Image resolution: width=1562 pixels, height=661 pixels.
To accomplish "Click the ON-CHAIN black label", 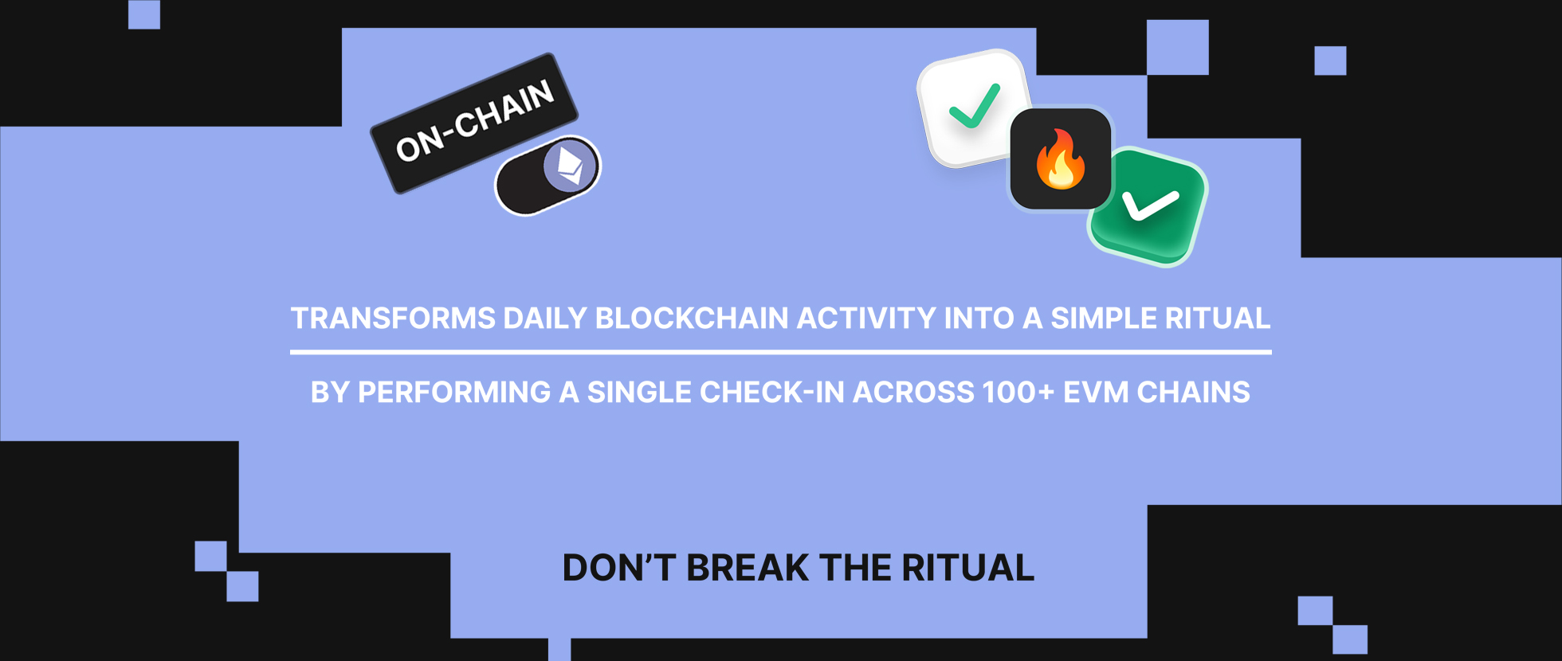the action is [x=474, y=123].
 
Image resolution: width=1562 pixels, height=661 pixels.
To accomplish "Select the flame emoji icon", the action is [x=1061, y=159].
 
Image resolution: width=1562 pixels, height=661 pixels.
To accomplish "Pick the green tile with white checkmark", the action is [x=1148, y=205].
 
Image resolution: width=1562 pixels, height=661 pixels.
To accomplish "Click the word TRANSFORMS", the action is [x=393, y=319].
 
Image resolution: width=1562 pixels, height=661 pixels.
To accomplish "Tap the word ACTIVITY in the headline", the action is [x=866, y=319].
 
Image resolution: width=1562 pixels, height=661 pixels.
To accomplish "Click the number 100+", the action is [x=1018, y=393].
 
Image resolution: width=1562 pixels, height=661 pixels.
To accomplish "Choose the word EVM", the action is [x=1096, y=393].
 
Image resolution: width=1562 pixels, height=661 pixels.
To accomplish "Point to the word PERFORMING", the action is [x=454, y=393].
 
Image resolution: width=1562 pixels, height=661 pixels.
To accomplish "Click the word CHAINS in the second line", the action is [x=1193, y=393].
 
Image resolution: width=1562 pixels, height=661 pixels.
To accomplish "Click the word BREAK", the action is [x=748, y=568].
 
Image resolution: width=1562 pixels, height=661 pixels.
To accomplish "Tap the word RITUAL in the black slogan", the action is [x=967, y=568].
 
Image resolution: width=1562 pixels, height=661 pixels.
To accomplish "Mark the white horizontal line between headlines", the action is [x=781, y=351].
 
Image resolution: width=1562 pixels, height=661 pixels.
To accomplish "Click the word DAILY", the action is [x=545, y=319].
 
